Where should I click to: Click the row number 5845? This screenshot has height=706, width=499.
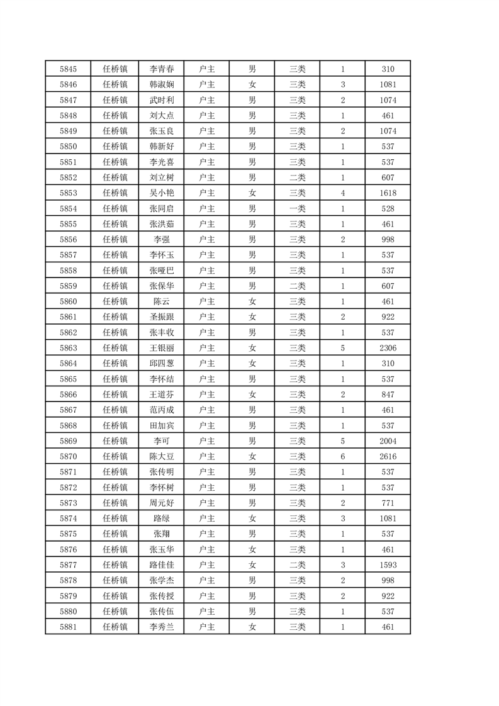coord(68,69)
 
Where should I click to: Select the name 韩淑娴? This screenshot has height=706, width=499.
coord(162,84)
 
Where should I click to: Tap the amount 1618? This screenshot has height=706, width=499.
coord(388,193)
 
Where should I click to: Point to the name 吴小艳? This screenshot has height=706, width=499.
coord(162,193)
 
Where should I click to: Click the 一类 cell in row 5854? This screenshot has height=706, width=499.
coord(298,208)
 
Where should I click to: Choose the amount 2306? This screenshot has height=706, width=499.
coord(388,348)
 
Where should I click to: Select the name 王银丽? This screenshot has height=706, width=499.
coord(162,348)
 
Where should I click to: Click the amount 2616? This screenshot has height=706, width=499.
coord(388,456)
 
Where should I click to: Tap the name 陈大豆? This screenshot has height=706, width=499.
coord(162,456)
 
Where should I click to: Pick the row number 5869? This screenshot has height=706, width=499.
coord(68,441)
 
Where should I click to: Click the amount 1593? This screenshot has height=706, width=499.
coord(388,565)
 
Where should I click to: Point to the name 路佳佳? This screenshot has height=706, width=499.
coord(162,565)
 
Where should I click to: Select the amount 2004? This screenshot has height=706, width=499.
coord(388,441)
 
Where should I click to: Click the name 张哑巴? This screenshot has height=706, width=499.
coord(162,271)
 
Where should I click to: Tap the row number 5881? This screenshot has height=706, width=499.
coord(68,627)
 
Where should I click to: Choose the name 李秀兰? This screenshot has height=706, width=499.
coord(162,627)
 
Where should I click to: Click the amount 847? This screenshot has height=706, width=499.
coord(388,395)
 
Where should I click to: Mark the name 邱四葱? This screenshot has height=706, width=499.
coord(162,364)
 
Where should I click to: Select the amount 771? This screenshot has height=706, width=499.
coord(388,503)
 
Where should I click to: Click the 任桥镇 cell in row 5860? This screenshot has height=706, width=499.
coord(115,301)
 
